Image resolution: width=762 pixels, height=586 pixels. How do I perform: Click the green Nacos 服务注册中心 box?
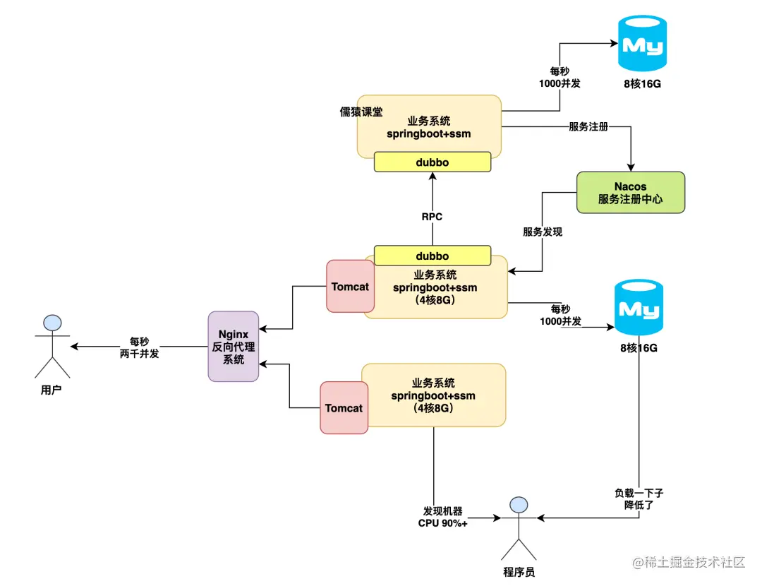pos(630,192)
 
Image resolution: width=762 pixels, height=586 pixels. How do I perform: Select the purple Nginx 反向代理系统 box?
pos(234,346)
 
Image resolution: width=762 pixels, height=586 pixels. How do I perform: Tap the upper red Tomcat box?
pos(351,287)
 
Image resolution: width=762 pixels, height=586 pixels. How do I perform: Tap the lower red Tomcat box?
pos(344,408)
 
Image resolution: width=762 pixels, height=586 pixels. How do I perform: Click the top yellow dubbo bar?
pos(432,162)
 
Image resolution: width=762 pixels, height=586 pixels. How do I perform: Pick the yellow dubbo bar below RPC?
pos(432,256)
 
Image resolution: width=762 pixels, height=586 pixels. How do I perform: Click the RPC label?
pos(432,217)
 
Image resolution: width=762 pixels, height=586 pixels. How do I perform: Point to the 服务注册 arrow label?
pos(588,127)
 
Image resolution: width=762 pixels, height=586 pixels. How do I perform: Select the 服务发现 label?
pos(543,232)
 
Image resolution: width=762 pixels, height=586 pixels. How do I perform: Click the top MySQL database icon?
pos(642,44)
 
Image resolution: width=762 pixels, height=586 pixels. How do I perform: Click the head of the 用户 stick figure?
pos(52,323)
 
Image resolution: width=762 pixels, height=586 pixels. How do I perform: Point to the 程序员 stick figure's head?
pos(519,504)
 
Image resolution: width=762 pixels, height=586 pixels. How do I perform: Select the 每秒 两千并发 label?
pos(139,347)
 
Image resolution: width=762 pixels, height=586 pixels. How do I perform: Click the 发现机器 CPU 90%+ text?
pos(443,517)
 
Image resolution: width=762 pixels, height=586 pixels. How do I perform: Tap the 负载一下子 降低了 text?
pos(639,500)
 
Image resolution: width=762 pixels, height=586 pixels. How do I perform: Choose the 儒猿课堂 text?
pos(361,112)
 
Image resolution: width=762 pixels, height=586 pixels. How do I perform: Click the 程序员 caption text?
pos(519,572)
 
